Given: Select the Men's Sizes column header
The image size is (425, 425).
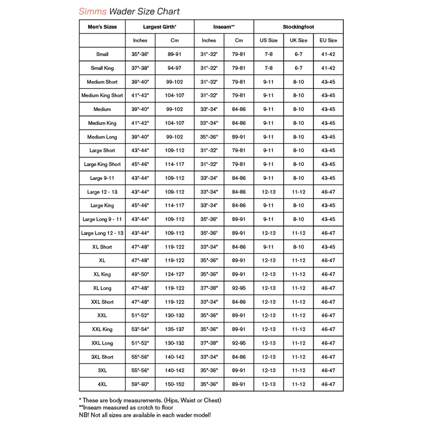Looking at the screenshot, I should (102, 27).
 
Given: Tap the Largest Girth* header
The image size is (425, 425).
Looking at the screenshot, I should (159, 27).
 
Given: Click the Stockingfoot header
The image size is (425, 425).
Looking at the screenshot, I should (298, 27).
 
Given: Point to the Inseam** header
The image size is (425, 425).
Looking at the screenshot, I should (224, 27).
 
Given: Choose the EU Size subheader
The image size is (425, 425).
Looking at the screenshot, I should (328, 40).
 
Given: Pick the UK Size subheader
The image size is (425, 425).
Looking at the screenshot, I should (298, 40).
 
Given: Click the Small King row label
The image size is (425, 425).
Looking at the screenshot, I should (102, 68).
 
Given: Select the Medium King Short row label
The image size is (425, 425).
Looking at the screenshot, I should (102, 96).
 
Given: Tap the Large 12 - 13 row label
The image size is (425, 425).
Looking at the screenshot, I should (102, 192).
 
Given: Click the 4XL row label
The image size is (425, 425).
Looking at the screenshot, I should (102, 384).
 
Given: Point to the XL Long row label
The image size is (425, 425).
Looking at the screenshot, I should (102, 288).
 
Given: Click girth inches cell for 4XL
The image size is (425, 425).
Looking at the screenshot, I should (140, 384).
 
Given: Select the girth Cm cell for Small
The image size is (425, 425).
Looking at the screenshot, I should (174, 54).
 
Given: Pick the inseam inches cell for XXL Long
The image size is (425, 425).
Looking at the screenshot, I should (209, 343).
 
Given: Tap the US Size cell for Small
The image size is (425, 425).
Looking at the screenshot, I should (269, 54).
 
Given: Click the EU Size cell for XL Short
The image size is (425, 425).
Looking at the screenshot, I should (328, 247).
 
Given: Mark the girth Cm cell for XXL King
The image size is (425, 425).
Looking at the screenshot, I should (174, 329).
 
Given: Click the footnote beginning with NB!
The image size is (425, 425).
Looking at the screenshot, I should (144, 415).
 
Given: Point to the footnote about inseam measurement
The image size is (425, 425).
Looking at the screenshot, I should (126, 407).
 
